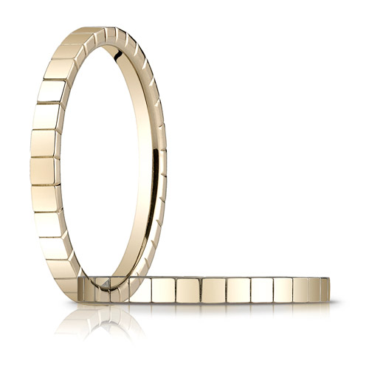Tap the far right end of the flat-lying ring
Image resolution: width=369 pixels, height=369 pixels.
[x=329, y=289]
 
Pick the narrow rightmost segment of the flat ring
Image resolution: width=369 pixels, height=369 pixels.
[x=325, y=289]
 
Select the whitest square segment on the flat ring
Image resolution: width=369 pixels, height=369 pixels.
[x=262, y=289]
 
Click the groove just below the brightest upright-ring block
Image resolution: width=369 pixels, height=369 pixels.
[x=47, y=103]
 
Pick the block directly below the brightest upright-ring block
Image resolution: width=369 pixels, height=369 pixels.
[x=46, y=116]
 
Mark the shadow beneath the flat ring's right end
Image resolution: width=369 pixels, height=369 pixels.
[x=310, y=303]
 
